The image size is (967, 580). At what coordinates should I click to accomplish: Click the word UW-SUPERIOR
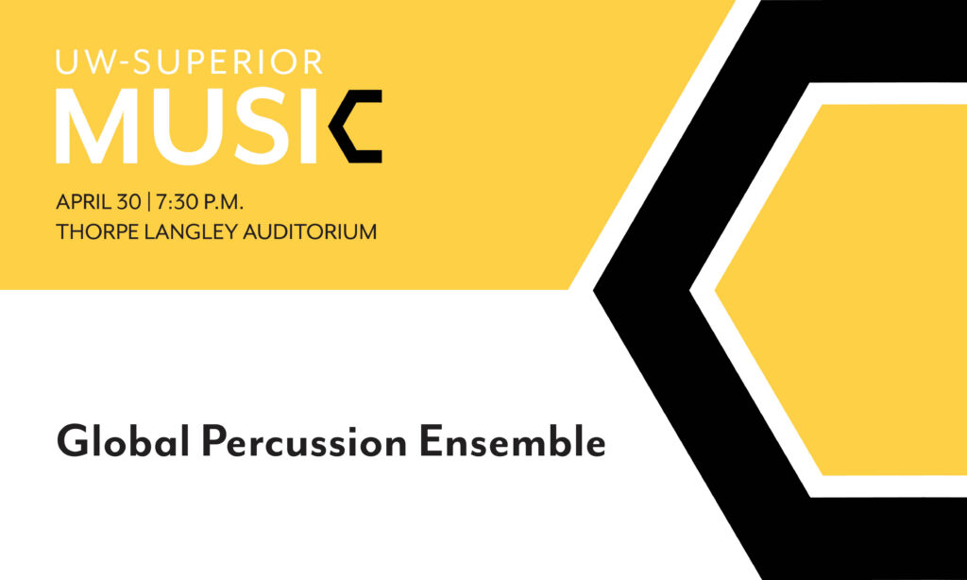click(190, 63)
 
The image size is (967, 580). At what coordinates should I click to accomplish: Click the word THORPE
click(93, 231)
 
